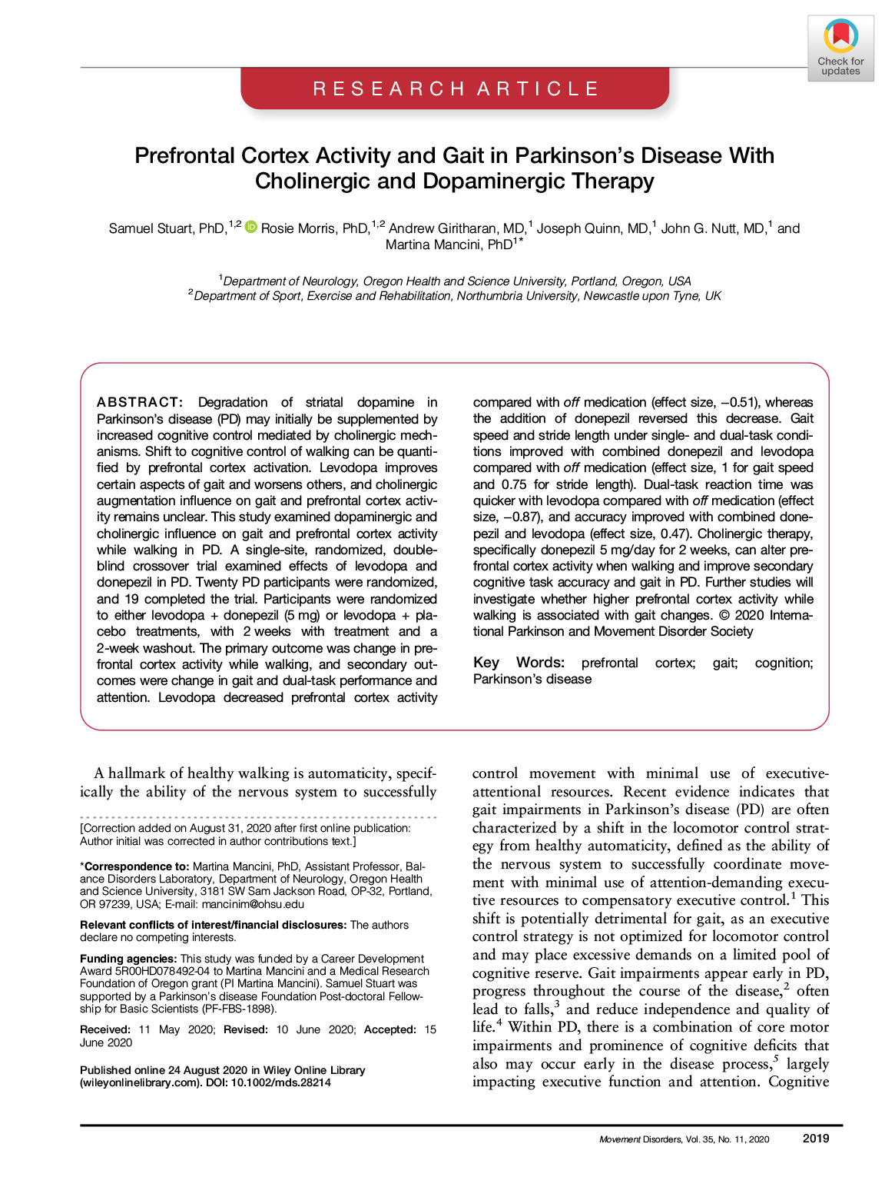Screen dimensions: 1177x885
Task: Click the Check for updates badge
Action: [840, 48]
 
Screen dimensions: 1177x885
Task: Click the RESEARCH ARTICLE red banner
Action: [455, 89]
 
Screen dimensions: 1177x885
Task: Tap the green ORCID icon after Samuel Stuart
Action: [250, 228]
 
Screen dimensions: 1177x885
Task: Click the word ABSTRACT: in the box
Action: [140, 402]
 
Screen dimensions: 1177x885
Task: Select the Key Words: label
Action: [519, 663]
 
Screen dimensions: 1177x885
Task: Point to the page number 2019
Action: [815, 1139]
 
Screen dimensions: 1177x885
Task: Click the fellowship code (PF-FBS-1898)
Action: [239, 1009]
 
